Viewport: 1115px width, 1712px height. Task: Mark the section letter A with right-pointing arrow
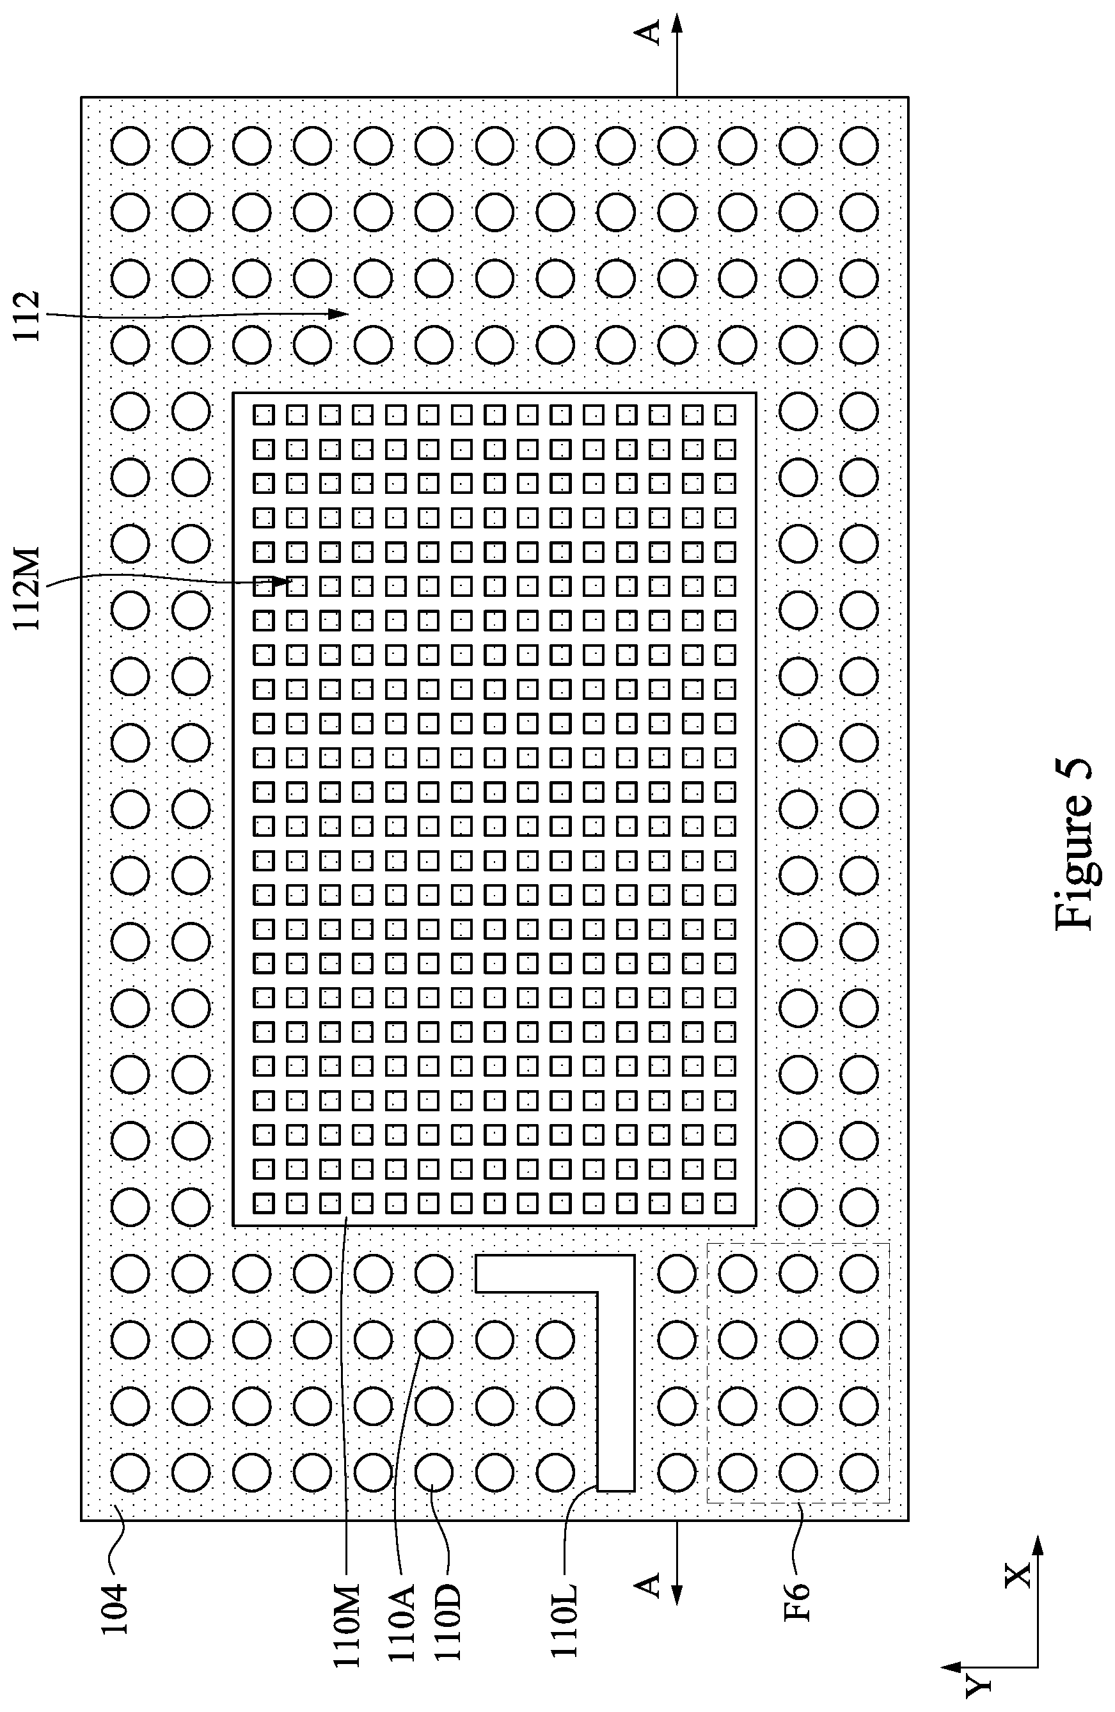(649, 33)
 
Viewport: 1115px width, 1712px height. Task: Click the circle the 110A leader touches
(434, 1340)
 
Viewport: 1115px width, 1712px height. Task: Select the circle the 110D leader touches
(434, 1471)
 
